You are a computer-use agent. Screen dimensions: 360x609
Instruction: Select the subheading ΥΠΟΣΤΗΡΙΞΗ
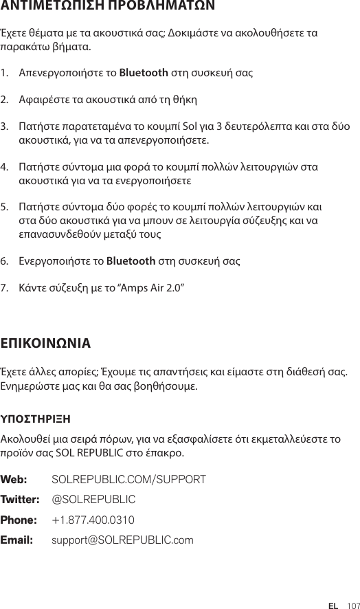[x=36, y=418]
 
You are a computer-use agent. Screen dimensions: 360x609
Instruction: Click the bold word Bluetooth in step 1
[x=144, y=72]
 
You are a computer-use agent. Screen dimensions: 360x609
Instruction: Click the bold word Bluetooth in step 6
[x=130, y=261]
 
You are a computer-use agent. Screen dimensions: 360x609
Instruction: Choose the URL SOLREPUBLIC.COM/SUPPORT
[x=128, y=478]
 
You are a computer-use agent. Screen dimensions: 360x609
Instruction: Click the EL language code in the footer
[x=333, y=586]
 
